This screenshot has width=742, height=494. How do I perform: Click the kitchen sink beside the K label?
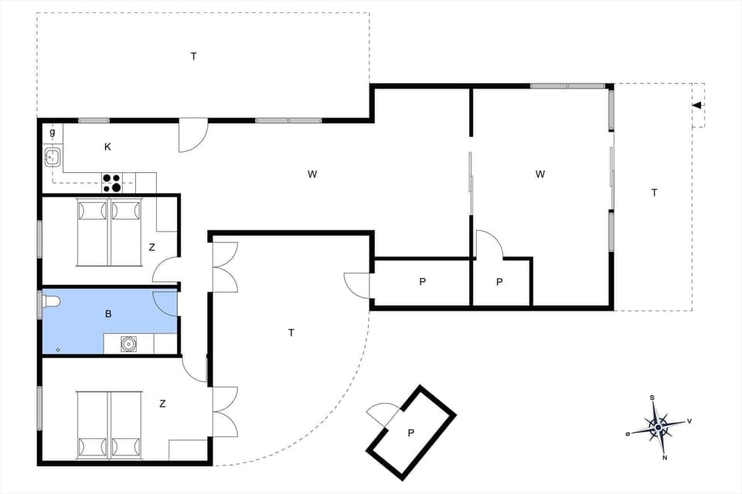click(x=53, y=158)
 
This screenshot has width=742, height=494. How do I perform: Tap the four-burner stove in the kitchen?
click(x=112, y=183)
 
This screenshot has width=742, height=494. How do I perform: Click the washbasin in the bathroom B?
click(x=129, y=343)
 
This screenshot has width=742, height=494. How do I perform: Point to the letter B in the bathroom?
click(x=109, y=315)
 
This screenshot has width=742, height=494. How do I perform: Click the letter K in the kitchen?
click(x=107, y=147)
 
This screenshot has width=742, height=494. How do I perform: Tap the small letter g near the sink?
click(x=53, y=133)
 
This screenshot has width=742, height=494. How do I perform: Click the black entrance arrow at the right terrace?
click(x=697, y=106)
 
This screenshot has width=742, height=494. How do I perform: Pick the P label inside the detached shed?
click(x=411, y=432)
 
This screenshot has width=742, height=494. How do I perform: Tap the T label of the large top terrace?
click(x=193, y=56)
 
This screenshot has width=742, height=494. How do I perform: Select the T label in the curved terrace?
click(x=291, y=333)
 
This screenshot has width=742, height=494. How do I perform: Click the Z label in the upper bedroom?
click(x=152, y=248)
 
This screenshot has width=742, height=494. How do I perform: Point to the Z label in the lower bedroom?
click(x=162, y=403)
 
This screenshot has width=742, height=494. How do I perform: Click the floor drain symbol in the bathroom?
click(x=58, y=350)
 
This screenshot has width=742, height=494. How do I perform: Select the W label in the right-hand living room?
click(x=539, y=174)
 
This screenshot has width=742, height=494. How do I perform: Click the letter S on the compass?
click(x=652, y=398)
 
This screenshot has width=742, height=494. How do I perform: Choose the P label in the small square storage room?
click(x=500, y=282)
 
